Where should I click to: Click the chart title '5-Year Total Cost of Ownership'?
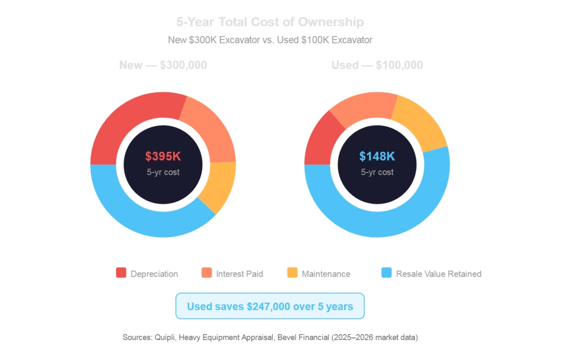270,22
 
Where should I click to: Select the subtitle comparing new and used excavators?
270,40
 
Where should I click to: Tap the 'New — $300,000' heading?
163,65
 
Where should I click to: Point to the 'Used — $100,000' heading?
377,65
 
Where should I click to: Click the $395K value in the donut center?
163,157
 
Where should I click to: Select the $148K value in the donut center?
377,157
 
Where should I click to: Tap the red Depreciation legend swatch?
121,273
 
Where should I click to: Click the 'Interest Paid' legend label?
239,274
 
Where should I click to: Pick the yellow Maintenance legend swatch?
292,273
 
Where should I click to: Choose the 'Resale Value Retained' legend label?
438,274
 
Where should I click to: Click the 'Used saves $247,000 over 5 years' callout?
270,306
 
